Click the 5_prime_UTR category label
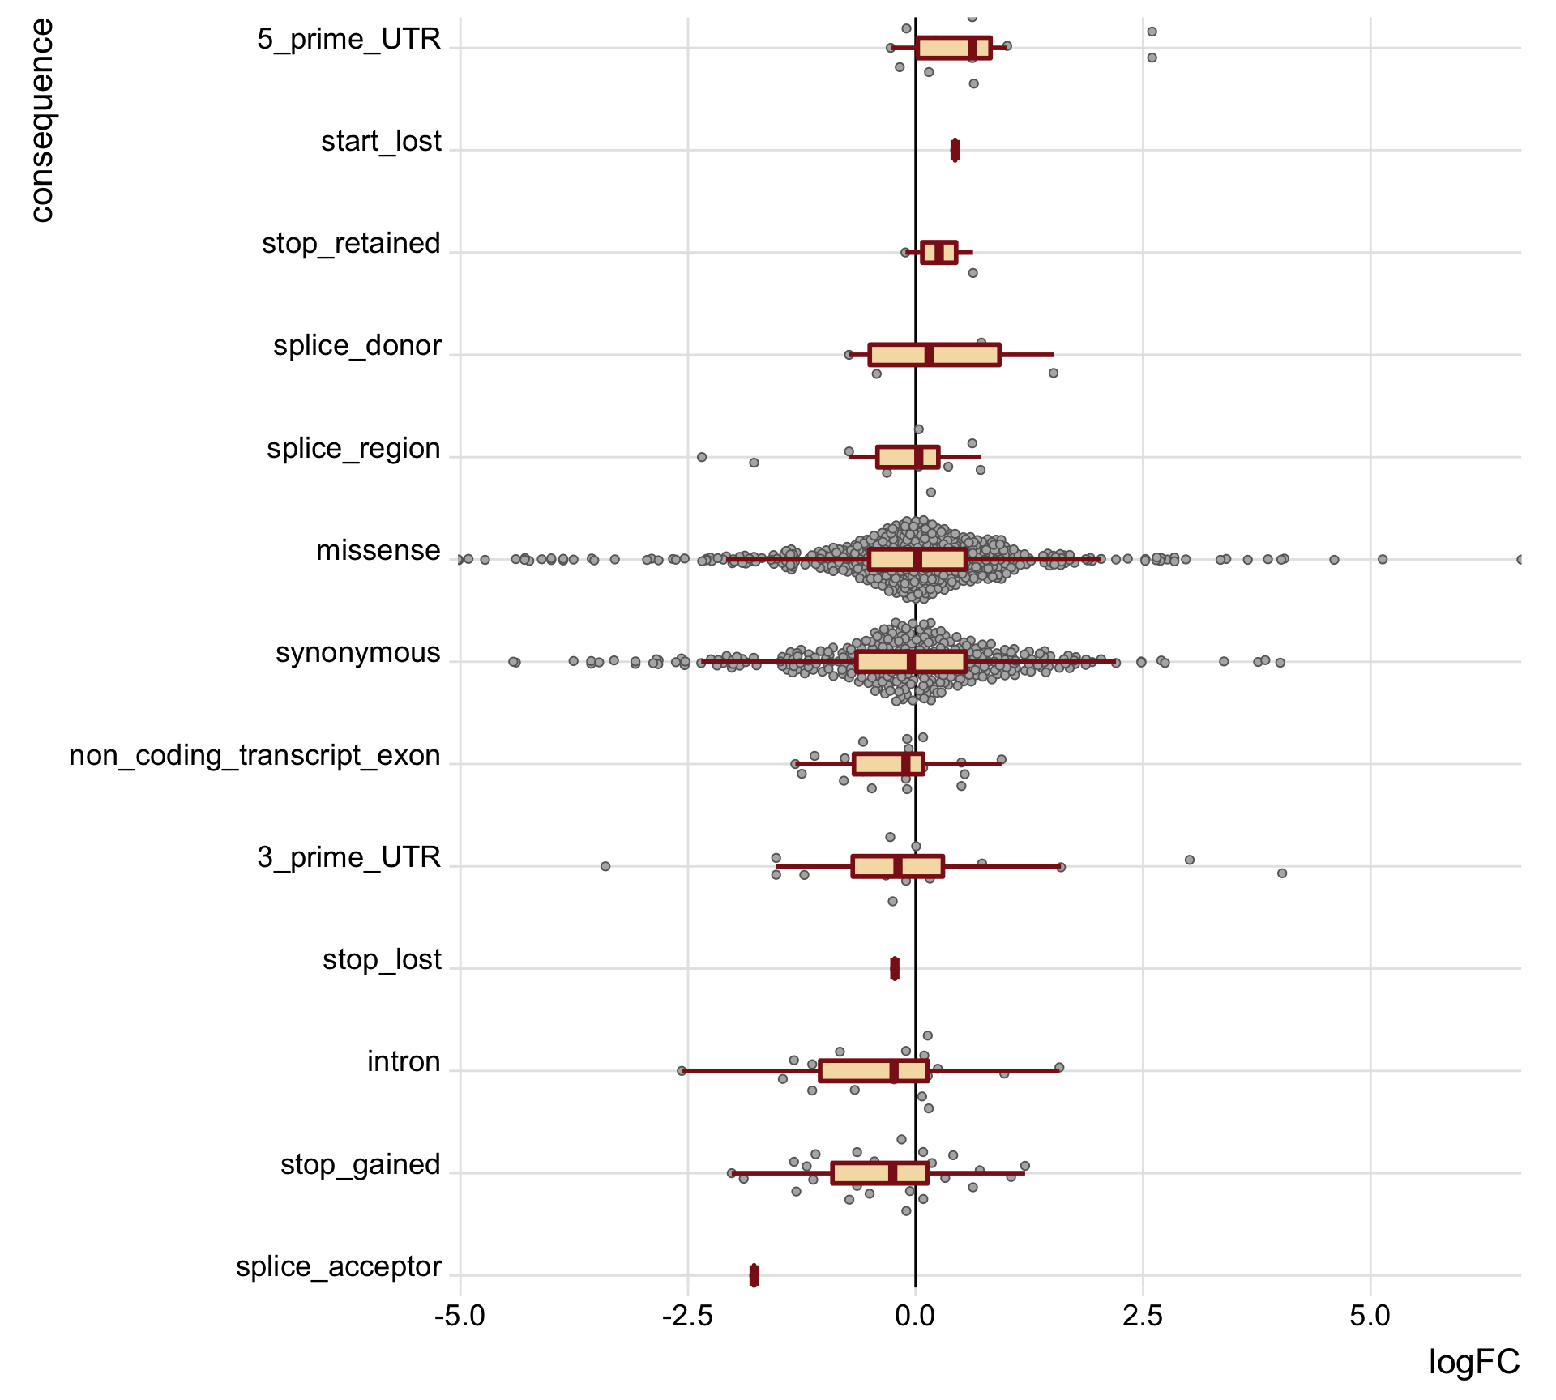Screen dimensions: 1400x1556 click(348, 39)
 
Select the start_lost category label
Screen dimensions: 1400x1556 click(381, 141)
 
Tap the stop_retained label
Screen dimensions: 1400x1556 click(351, 243)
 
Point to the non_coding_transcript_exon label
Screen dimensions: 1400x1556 click(254, 755)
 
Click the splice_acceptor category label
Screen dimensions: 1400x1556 click(338, 1266)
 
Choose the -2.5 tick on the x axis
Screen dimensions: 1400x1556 click(687, 1316)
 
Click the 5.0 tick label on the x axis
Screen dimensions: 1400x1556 click(1370, 1316)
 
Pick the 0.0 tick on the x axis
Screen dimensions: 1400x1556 click(915, 1316)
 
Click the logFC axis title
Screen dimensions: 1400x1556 click(1473, 1363)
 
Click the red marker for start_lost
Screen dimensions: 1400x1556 click(955, 150)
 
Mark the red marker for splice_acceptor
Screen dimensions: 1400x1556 click(754, 1275)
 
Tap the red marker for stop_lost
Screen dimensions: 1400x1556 click(895, 968)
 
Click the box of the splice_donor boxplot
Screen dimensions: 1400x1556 click(934, 355)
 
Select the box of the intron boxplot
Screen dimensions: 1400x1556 click(873, 1071)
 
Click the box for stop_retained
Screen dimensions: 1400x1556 click(938, 253)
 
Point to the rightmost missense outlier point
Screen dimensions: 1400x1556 click(1520, 559)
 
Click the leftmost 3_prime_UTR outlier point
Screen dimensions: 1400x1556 click(605, 866)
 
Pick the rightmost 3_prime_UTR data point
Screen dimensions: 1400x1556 click(1282, 873)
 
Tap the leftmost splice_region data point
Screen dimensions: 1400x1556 click(702, 457)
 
